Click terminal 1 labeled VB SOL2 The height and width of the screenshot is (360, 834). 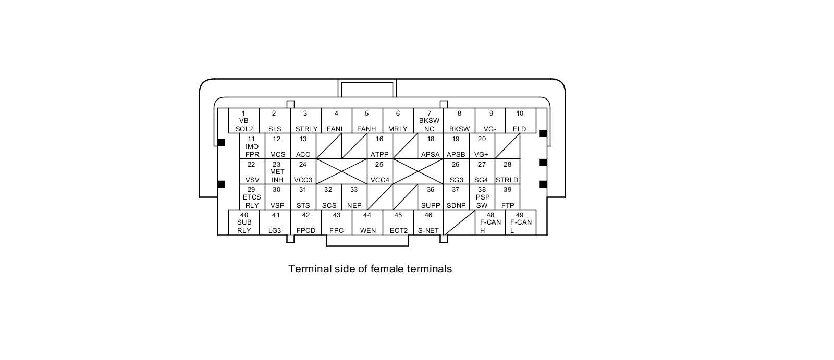pyautogui.click(x=244, y=121)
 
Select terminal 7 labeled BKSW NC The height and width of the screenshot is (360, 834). pyautogui.click(x=429, y=121)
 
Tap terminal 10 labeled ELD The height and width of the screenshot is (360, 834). pyautogui.click(x=520, y=121)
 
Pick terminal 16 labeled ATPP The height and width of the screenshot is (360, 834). pyautogui.click(x=379, y=146)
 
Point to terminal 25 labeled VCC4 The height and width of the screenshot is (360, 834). pyautogui.click(x=379, y=172)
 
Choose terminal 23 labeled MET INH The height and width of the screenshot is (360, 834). pyautogui.click(x=277, y=172)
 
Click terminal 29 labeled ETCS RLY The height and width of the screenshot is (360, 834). pyautogui.click(x=252, y=197)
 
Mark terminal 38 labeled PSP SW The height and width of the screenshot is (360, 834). pyautogui.click(x=482, y=197)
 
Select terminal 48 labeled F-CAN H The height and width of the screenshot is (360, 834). pyautogui.click(x=490, y=222)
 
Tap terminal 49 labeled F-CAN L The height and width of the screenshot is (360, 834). pyautogui.click(x=520, y=222)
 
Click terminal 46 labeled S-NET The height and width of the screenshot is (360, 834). pyautogui.click(x=428, y=222)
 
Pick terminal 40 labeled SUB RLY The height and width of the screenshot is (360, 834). pyautogui.click(x=244, y=222)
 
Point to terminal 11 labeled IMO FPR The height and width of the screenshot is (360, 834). pyautogui.click(x=252, y=146)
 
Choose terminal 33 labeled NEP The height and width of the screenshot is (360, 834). pyautogui.click(x=354, y=197)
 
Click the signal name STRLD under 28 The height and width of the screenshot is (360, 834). pyautogui.click(x=507, y=180)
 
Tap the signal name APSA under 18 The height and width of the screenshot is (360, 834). pyautogui.click(x=431, y=155)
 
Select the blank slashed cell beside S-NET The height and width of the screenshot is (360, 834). pyautogui.click(x=459, y=222)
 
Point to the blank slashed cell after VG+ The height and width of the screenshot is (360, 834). pyautogui.click(x=507, y=146)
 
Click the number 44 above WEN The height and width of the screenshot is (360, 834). pyautogui.click(x=367, y=215)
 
